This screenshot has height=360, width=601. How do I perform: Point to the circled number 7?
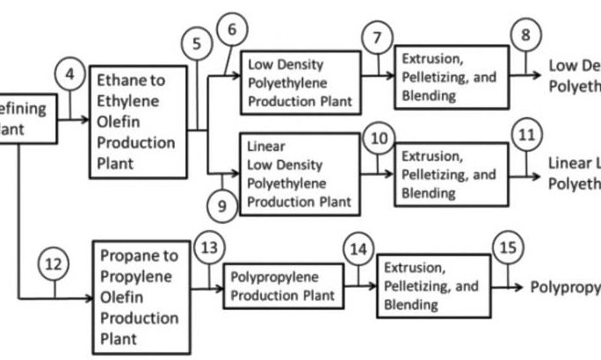tap(377, 39)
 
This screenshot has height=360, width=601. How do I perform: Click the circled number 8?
tap(525, 36)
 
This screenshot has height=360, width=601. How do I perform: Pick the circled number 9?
tap(222, 206)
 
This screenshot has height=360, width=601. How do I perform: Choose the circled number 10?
tap(379, 138)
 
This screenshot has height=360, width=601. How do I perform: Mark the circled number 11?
tap(526, 137)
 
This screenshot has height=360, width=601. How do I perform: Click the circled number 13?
tap(209, 248)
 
